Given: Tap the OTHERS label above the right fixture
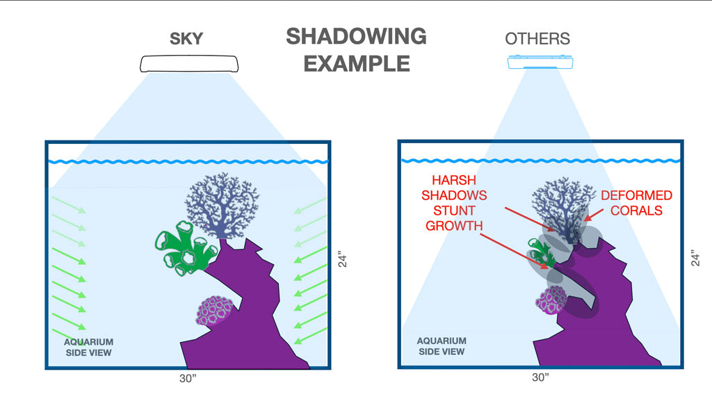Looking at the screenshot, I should coord(537,38).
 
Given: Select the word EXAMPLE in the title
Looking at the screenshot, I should coord(356,64).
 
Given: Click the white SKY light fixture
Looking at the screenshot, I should coord(189,63).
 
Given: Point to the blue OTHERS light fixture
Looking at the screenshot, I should coord(541,63).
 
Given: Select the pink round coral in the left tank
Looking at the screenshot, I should coord(216,311).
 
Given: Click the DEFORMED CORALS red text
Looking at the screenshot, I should coord(636,203).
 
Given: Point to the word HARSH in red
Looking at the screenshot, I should coord(452,181).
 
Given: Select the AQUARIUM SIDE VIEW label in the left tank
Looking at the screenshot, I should coord(88,347).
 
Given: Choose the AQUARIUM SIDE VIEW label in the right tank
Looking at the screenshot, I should coord(441,346).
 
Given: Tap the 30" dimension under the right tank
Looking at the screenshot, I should coord(540,377).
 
